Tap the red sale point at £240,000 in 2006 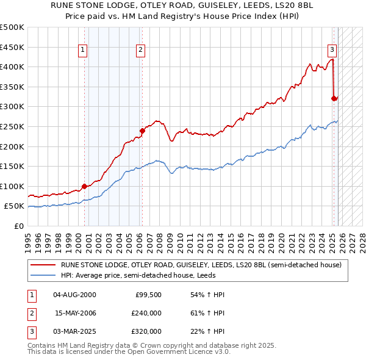(142, 130)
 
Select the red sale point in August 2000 (84, 186)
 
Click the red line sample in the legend (43, 265)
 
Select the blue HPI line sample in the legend (43, 275)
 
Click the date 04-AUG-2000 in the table (74, 295)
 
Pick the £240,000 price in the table (146, 313)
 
